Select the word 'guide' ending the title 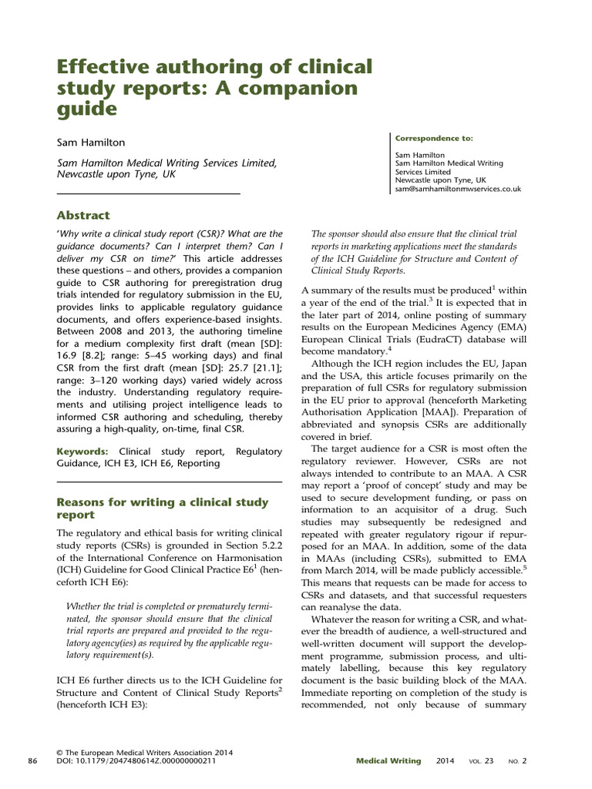(86, 109)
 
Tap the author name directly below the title (89, 143)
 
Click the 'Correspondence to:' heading (434, 139)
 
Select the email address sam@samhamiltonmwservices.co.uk (458, 188)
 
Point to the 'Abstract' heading (83, 215)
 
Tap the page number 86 (32, 761)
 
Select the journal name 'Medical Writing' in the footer (388, 761)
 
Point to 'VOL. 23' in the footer (480, 761)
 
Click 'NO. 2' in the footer (516, 761)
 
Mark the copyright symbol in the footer (61, 752)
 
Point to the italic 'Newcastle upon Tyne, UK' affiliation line (116, 174)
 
